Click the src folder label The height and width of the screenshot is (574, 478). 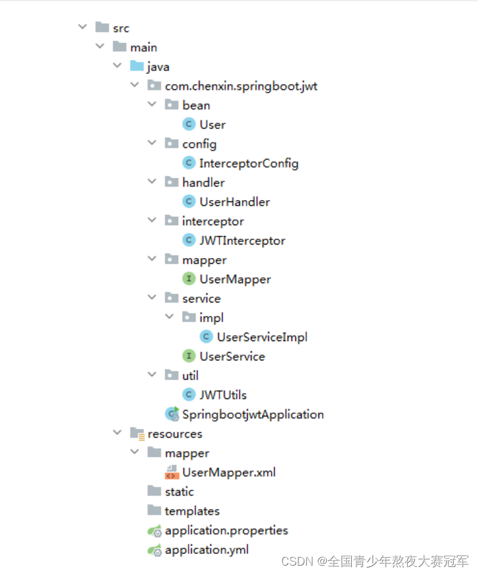coord(121,28)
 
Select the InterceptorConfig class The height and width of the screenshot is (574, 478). coord(248,163)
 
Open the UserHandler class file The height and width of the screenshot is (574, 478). coord(234,201)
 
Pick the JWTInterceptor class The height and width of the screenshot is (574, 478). coord(242,240)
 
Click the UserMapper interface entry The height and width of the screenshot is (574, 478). coord(235,279)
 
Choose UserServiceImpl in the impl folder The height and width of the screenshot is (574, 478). coord(262,337)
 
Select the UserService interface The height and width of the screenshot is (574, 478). coord(232,356)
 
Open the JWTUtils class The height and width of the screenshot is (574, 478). coord(223,394)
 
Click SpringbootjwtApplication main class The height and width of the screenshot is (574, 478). coord(252,414)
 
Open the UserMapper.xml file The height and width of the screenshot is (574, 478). coord(228,472)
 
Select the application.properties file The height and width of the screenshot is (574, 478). coord(226,530)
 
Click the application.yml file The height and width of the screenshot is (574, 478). coord(207,550)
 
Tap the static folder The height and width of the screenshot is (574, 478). coord(179,491)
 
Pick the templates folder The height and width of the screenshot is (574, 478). coord(192,510)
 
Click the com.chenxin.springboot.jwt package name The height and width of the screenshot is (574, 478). coord(241,86)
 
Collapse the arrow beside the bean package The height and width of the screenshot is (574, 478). coord(152,105)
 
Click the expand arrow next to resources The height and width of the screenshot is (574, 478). coord(117,433)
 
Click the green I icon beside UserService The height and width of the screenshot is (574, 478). coord(189,356)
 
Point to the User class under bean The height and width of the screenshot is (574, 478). coord(212,124)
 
